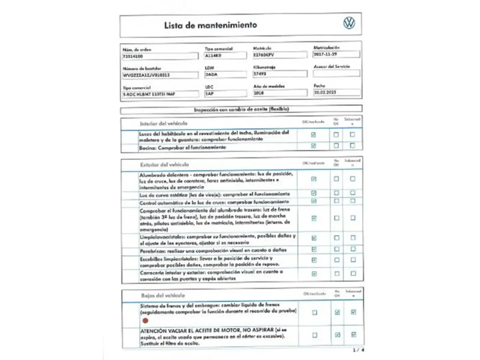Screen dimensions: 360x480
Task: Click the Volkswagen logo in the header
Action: pyautogui.click(x=349, y=23)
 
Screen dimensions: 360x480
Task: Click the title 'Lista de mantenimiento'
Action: pyautogui.click(x=210, y=25)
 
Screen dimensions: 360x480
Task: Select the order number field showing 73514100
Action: pyautogui.click(x=160, y=56)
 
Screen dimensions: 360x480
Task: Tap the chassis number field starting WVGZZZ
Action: pyautogui.click(x=160, y=75)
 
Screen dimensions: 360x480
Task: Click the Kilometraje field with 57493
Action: pyautogui.click(x=279, y=74)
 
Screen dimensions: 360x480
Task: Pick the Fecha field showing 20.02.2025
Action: pyautogui.click(x=337, y=92)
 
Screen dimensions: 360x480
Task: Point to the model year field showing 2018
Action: pyautogui.click(x=279, y=93)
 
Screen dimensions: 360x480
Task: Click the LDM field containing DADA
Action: pyautogui.click(x=225, y=75)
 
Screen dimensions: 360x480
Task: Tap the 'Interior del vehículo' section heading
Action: pyautogui.click(x=164, y=124)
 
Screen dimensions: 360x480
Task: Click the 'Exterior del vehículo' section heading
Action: pyautogui.click(x=164, y=165)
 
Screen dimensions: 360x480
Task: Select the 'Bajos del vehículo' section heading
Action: pyautogui.click(x=163, y=295)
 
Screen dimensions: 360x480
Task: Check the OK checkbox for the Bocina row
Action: pyautogui.click(x=313, y=146)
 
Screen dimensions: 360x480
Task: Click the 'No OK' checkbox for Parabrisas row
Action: pyautogui.click(x=337, y=249)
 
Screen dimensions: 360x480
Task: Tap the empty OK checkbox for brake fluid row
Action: pyautogui.click(x=315, y=313)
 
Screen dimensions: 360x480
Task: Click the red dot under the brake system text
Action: pyautogui.click(x=145, y=321)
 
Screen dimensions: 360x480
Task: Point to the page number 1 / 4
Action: pyautogui.click(x=358, y=350)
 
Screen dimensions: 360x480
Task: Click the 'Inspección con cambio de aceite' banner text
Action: pyautogui.click(x=241, y=109)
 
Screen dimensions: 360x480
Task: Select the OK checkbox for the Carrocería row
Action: pyautogui.click(x=314, y=274)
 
